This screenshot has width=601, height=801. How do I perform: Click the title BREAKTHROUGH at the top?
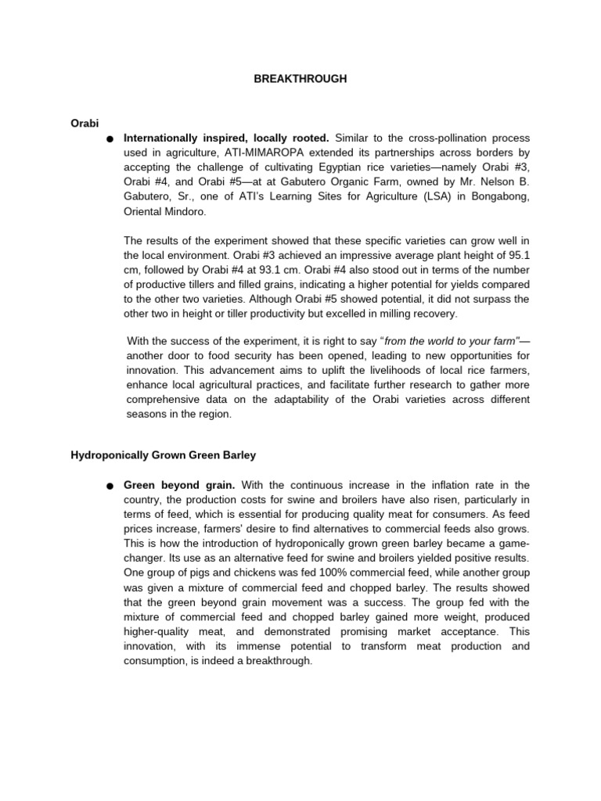(300, 79)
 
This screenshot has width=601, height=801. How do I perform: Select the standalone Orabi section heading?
(85, 122)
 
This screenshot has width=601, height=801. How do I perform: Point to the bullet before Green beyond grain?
(110, 487)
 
